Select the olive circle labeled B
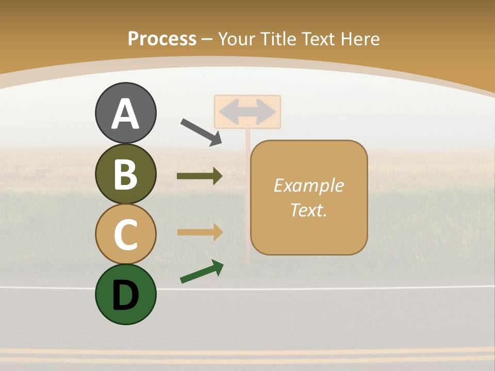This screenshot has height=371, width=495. coord(125,174)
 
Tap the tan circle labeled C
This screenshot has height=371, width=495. coord(125,234)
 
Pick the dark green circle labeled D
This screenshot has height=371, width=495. coord(125,294)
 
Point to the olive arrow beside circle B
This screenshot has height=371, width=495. coord(200,176)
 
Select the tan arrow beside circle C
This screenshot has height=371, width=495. coord(200,232)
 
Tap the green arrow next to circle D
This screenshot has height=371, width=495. coord(202,272)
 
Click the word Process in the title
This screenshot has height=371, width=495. coord(162,39)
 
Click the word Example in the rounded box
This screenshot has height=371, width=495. coord(308,185)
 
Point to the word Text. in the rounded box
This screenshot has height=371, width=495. coord(308,210)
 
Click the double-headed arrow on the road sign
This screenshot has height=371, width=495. coord(247,111)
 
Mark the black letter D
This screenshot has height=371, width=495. coord(125,295)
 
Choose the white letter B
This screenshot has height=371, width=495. coord(125,174)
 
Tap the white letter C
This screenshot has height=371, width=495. coord(125,234)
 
